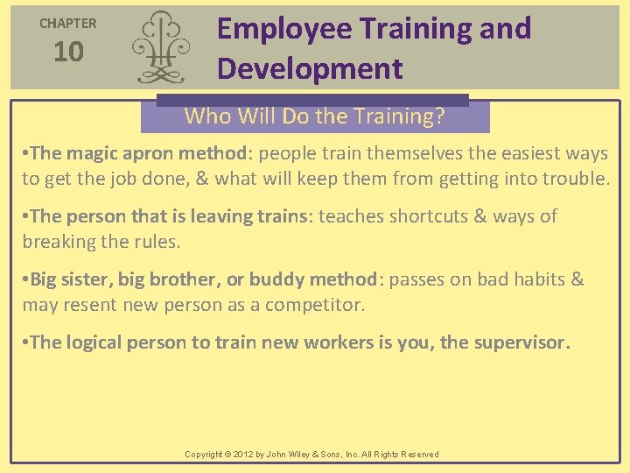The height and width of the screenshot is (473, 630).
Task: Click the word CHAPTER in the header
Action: point(68,24)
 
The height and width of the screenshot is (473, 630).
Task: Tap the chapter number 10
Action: point(68,53)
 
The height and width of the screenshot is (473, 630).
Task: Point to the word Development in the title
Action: point(310,69)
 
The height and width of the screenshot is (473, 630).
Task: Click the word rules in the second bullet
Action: point(157,241)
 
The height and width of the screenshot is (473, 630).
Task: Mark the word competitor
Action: point(318,305)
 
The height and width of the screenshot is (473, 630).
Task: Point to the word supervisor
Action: point(521,342)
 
